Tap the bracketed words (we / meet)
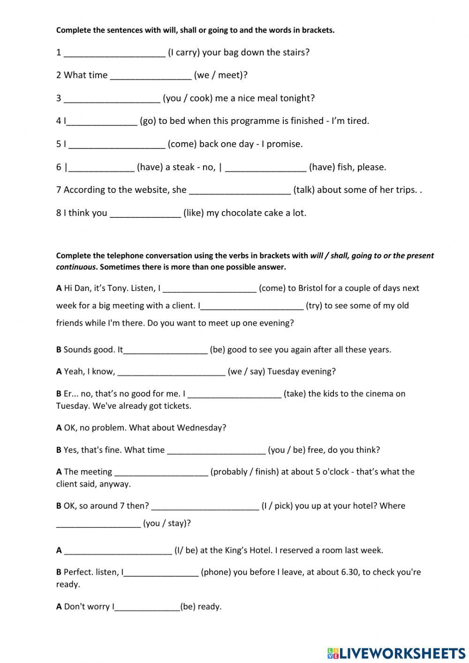point(220,75)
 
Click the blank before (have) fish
point(265,168)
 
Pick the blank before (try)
point(252,306)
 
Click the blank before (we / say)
point(171,372)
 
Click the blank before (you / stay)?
point(98,524)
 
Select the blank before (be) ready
point(147,607)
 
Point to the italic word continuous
point(76,267)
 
